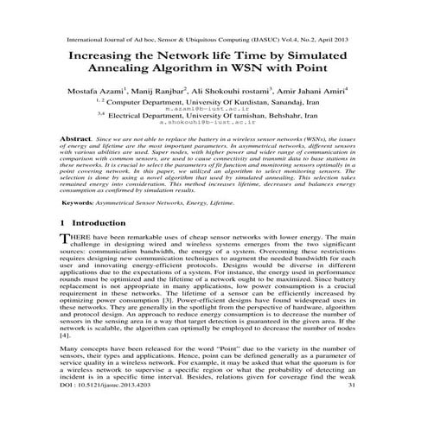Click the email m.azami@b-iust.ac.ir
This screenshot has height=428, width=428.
pyautogui.click(x=215, y=110)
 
